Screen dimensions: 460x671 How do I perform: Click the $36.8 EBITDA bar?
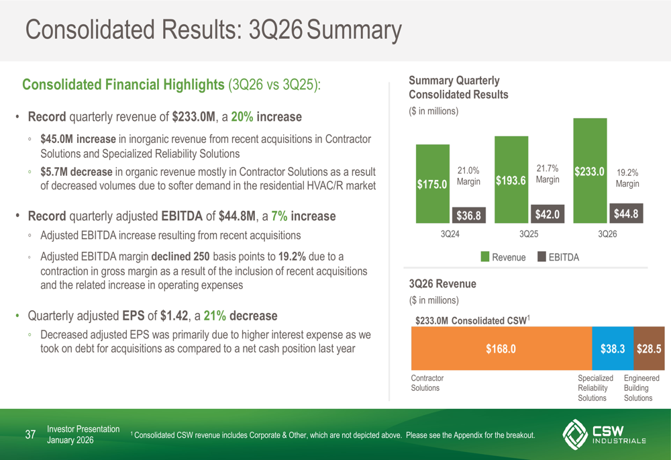tap(468, 215)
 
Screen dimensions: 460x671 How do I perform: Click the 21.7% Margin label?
tap(548, 174)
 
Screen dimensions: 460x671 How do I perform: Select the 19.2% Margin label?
tap(627, 177)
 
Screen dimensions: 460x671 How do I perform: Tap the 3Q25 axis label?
tap(529, 234)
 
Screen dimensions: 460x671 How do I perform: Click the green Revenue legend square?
tap(484, 257)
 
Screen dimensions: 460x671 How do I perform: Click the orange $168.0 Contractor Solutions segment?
tap(501, 349)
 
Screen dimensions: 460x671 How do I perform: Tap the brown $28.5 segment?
tap(649, 349)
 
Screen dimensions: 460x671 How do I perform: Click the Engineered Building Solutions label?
tap(641, 388)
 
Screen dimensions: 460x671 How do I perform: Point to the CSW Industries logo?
tap(604, 435)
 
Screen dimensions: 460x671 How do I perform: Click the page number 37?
tap(30, 435)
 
